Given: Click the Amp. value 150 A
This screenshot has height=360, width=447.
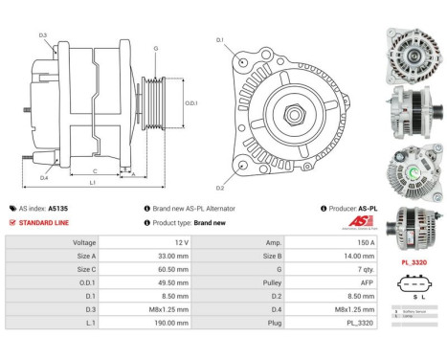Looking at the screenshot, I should (x=339, y=243).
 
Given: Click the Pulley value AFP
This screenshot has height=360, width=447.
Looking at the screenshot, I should (x=339, y=283).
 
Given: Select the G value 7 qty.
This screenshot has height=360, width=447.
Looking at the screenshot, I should (x=339, y=270).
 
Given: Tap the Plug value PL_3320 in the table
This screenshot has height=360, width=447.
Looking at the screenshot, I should (x=339, y=325).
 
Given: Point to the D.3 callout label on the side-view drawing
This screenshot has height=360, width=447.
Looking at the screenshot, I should (x=44, y=35).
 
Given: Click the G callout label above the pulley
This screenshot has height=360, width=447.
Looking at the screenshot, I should (x=155, y=47).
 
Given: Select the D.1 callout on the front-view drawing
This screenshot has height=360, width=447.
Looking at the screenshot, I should (x=219, y=40).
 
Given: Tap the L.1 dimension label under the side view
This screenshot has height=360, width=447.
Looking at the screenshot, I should (x=92, y=182).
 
